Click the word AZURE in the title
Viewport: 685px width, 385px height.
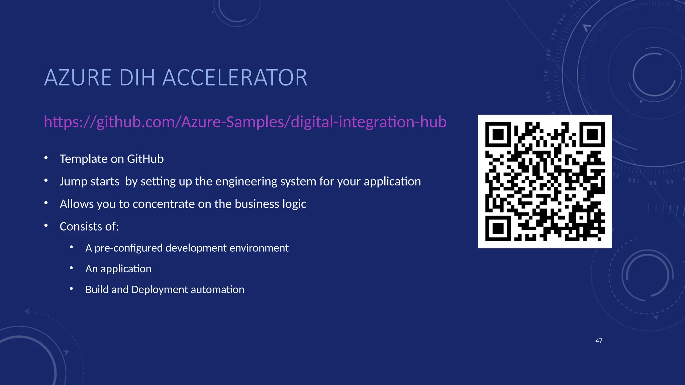78,78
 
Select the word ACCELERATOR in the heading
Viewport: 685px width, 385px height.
234,78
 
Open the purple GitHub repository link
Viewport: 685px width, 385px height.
245,122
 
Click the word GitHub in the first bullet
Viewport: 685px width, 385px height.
145,159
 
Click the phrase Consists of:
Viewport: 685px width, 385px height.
89,227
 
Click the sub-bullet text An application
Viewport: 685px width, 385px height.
118,269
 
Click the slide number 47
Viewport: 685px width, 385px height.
599,341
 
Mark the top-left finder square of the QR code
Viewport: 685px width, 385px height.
498,135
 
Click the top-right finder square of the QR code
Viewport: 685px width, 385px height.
592,135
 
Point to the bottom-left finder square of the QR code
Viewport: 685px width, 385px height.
498,229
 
